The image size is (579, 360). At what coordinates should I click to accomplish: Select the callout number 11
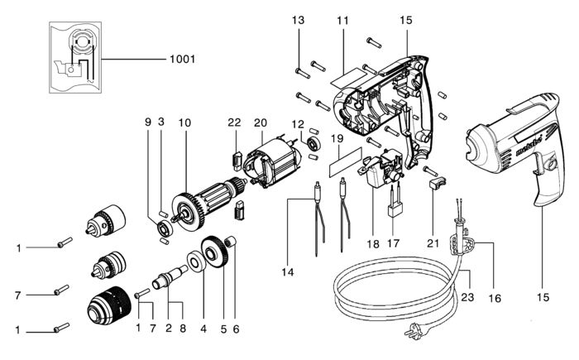[x=342, y=20]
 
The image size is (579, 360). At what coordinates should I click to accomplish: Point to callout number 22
[x=234, y=122]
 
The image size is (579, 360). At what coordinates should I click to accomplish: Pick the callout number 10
[x=184, y=122]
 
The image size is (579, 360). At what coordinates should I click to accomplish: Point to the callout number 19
[x=337, y=138]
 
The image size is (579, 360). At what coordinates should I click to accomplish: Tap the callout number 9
[x=147, y=122]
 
